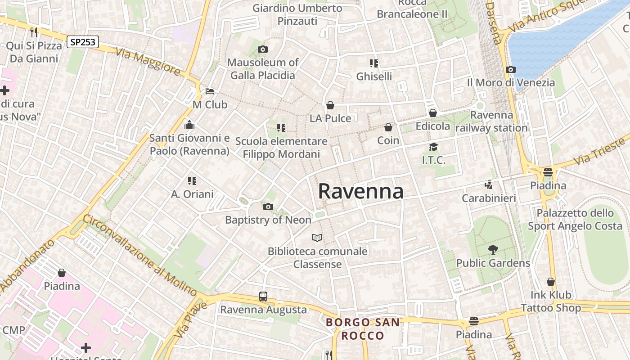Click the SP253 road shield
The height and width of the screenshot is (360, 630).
pyautogui.click(x=83, y=42)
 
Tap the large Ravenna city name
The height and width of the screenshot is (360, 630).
pyautogui.click(x=361, y=191)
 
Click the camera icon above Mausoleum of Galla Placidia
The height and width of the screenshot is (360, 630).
pyautogui.click(x=263, y=49)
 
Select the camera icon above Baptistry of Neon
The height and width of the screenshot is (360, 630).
pyautogui.click(x=268, y=207)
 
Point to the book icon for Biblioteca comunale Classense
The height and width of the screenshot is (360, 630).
pyautogui.click(x=317, y=238)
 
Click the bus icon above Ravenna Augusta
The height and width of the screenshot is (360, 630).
pyautogui.click(x=263, y=297)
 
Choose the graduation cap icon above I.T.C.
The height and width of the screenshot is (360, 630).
pyautogui.click(x=433, y=147)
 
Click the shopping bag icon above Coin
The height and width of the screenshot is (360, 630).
pyautogui.click(x=388, y=127)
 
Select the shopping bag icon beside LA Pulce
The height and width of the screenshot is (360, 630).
pyautogui.click(x=330, y=105)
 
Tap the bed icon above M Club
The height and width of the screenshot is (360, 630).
pyautogui.click(x=210, y=91)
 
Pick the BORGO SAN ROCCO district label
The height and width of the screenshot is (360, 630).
pyautogui.click(x=363, y=329)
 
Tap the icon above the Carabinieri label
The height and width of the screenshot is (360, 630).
pyautogui.click(x=488, y=185)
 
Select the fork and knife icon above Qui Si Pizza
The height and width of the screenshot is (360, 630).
pyautogui.click(x=34, y=32)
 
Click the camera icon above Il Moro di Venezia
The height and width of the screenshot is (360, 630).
pyautogui.click(x=511, y=70)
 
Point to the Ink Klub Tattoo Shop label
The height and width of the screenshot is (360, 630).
pyautogui.click(x=551, y=301)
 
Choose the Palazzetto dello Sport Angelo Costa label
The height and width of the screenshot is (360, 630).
pyautogui.click(x=575, y=219)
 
